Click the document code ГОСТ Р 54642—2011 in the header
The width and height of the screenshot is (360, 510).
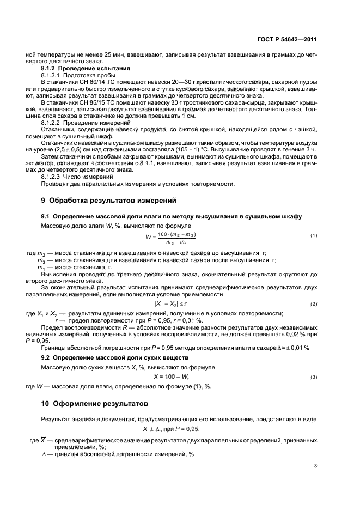286,40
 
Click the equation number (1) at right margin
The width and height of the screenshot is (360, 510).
313,235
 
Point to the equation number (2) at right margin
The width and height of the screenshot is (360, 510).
313,303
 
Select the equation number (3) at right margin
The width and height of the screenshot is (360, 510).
313,377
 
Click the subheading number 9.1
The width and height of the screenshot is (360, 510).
46,216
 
